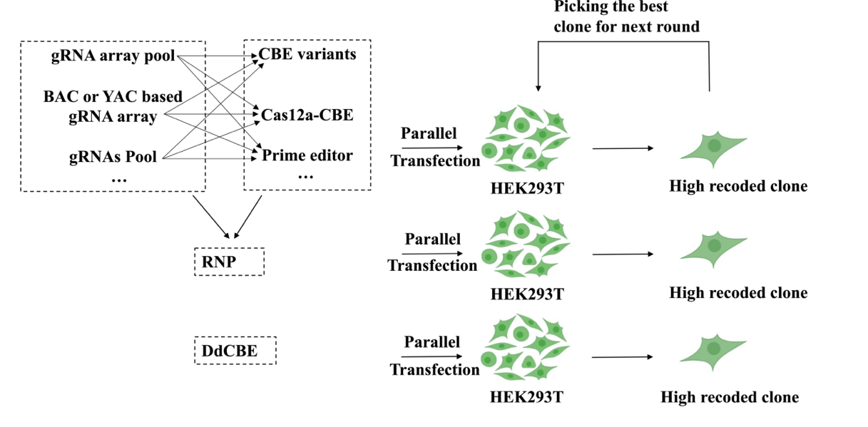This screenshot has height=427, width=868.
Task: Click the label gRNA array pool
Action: [x=113, y=56]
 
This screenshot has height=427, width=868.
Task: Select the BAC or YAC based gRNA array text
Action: [x=113, y=106]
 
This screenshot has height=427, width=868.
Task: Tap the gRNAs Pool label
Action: [x=113, y=156]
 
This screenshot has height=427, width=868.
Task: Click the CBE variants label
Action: [x=307, y=54]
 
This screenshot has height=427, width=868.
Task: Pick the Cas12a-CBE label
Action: [x=307, y=114]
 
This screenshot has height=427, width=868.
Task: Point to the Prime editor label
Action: [x=307, y=155]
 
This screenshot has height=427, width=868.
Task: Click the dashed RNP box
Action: [x=229, y=262]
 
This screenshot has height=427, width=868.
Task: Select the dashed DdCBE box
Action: [x=235, y=351]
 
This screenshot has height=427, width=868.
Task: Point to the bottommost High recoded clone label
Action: [x=730, y=397]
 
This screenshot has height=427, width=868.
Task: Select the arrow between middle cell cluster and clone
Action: [x=623, y=253]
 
